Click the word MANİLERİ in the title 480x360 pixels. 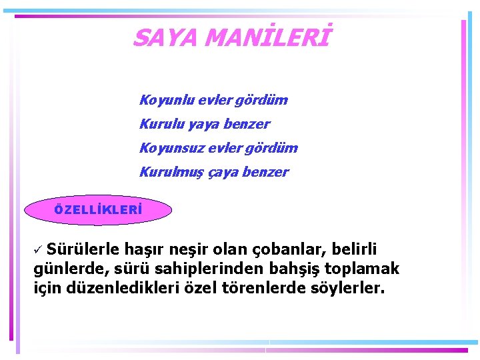pos(267,38)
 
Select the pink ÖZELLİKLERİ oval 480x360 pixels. pos(98,210)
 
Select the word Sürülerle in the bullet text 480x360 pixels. pos(84,249)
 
